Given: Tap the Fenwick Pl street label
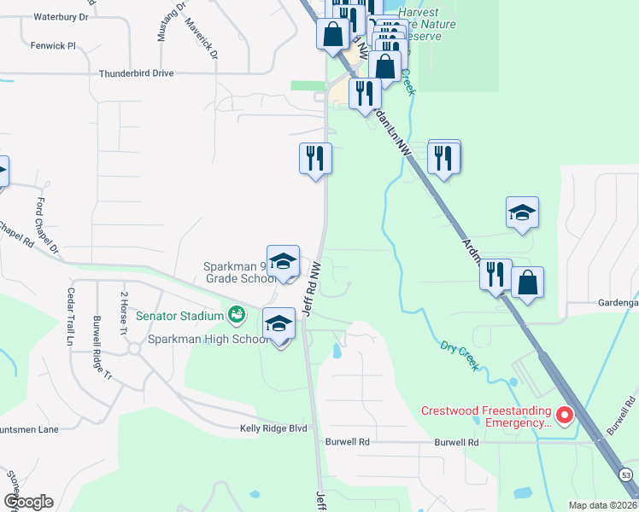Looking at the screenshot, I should pyautogui.click(x=54, y=45).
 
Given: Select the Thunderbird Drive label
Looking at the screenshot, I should pyautogui.click(x=137, y=74).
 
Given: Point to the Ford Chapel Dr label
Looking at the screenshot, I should pyautogui.click(x=47, y=226).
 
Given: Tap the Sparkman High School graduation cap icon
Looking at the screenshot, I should pyautogui.click(x=278, y=324).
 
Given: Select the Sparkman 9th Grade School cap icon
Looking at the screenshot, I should pyautogui.click(x=284, y=262).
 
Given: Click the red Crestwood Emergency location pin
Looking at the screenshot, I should pyautogui.click(x=564, y=415).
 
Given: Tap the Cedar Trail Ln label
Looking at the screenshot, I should pyautogui.click(x=71, y=317).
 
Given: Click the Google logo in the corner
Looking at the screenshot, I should pyautogui.click(x=28, y=502).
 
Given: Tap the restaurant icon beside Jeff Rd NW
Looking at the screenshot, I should pyautogui.click(x=315, y=158).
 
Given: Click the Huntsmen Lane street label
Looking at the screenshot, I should pyautogui.click(x=28, y=429).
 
